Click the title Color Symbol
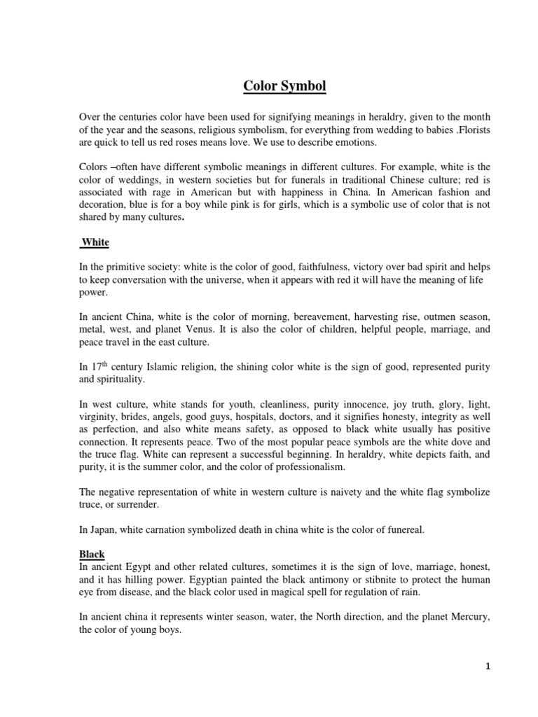coord(275,86)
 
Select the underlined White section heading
coord(95,242)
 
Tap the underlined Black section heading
coord(92,554)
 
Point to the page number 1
coord(488,667)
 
